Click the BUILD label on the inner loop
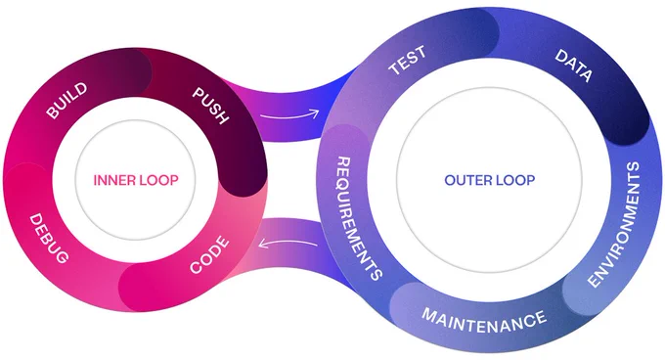pyautogui.click(x=66, y=101)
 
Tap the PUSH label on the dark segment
pyautogui.click(x=211, y=106)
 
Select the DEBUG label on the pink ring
pyautogui.click(x=48, y=238)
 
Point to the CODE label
pyautogui.click(x=209, y=255)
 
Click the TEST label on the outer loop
pyautogui.click(x=407, y=61)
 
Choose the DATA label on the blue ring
pyautogui.click(x=574, y=66)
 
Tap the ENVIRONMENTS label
pyautogui.click(x=614, y=224)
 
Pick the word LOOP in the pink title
pyautogui.click(x=159, y=180)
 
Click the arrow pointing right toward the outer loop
pyautogui.click(x=289, y=115)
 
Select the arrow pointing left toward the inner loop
pyautogui.click(x=288, y=243)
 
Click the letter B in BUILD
pyautogui.click(x=52, y=112)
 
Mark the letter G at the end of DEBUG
pyautogui.click(x=61, y=256)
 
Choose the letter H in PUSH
pyautogui.click(x=222, y=117)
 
